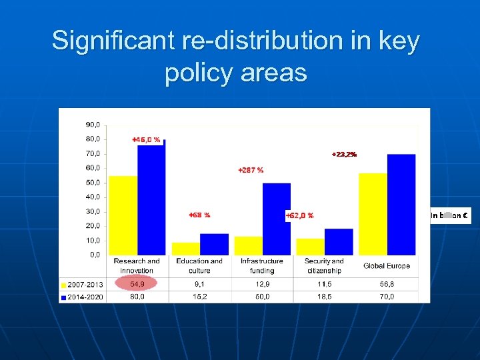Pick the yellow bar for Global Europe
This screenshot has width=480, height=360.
pyautogui.click(x=373, y=214)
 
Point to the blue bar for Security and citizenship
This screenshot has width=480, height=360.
pyautogui.click(x=339, y=241)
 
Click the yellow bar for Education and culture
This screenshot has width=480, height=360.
pyautogui.click(x=185, y=249)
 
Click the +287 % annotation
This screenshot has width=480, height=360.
pyautogui.click(x=251, y=170)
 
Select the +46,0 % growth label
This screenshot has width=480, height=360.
pyautogui.click(x=146, y=139)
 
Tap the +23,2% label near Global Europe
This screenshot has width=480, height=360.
pyautogui.click(x=345, y=154)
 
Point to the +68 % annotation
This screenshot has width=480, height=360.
pyautogui.click(x=199, y=215)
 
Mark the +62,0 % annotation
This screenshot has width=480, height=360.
pyautogui.click(x=300, y=215)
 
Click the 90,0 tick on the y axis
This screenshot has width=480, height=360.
pyautogui.click(x=93, y=125)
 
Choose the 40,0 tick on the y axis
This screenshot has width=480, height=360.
pyautogui.click(x=93, y=197)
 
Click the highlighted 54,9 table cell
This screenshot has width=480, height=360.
pyautogui.click(x=137, y=283)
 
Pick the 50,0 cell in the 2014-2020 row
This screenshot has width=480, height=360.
pyautogui.click(x=262, y=296)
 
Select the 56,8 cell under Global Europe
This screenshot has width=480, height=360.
pyautogui.click(x=387, y=283)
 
